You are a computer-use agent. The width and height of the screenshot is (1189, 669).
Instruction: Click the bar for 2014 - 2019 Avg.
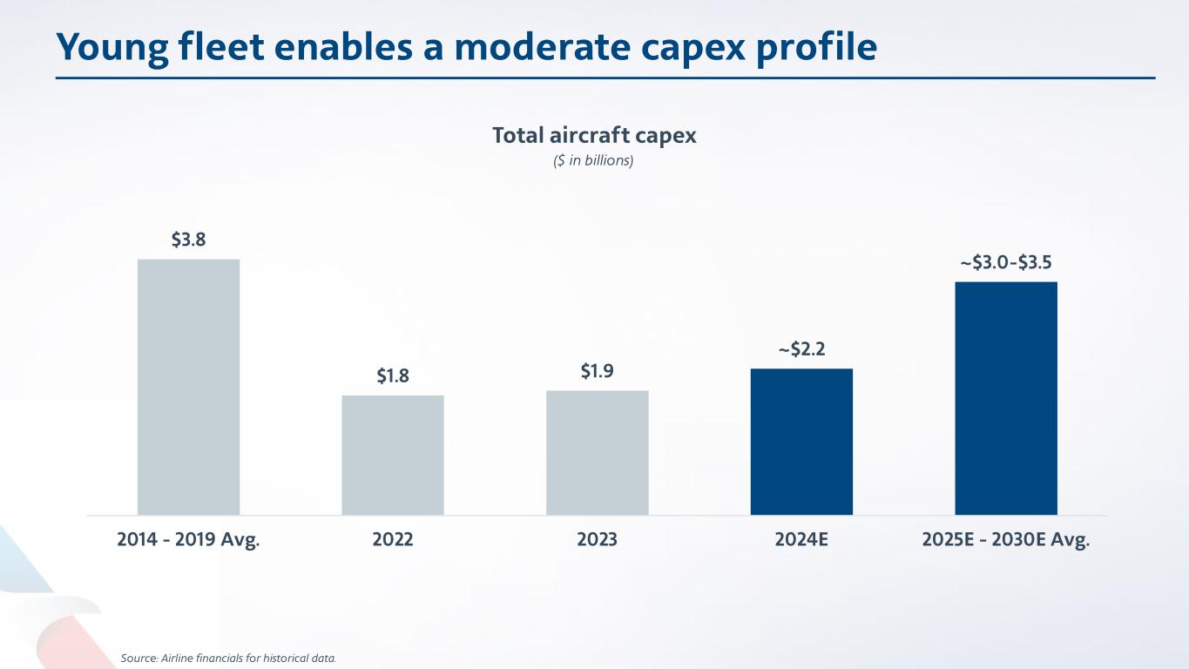(x=188, y=387)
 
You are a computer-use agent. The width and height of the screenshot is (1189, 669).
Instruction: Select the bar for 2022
(x=393, y=455)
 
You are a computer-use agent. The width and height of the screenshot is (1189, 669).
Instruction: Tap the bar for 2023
(x=598, y=452)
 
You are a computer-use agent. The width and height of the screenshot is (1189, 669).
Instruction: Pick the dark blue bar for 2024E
(x=801, y=442)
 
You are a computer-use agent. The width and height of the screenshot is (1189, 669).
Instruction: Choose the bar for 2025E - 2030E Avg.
(x=1006, y=398)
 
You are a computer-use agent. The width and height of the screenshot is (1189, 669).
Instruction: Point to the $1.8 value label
(x=393, y=376)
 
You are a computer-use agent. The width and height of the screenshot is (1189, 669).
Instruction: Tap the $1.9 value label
(x=598, y=372)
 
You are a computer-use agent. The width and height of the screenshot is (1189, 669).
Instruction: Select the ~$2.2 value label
(x=801, y=350)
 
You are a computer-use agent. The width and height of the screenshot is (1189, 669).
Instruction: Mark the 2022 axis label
(x=393, y=540)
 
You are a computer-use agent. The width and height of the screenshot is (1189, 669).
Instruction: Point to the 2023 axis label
(x=598, y=540)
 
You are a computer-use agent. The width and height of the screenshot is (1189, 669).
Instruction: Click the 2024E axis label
(x=801, y=540)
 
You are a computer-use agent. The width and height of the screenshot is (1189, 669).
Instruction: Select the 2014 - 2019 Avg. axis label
(x=188, y=540)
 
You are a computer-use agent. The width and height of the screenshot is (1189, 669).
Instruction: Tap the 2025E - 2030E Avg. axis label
(x=1006, y=540)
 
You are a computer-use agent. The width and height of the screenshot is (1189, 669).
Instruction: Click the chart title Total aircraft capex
(x=594, y=136)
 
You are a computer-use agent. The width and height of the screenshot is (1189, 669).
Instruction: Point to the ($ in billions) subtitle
(x=594, y=161)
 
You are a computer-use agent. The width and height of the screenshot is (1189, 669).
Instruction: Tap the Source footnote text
(x=228, y=658)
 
